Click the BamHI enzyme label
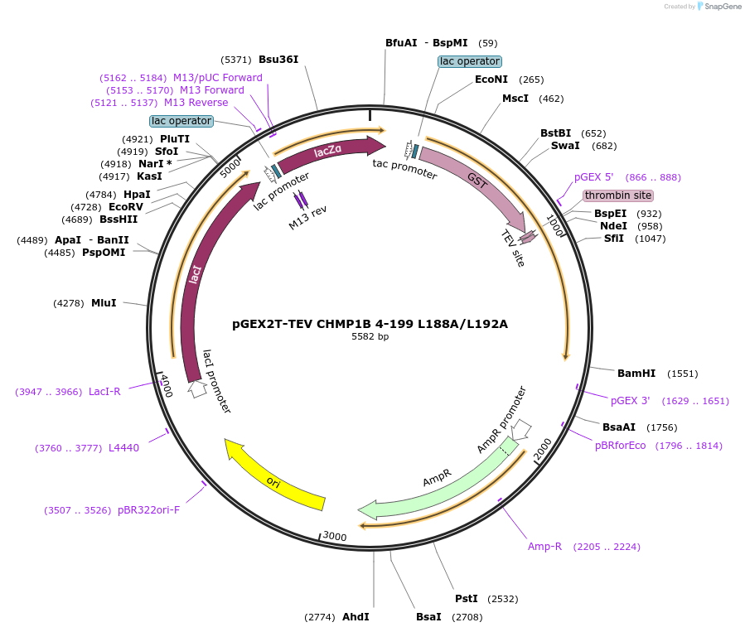point(636,373)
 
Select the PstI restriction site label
point(467,598)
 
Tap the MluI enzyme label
point(104,303)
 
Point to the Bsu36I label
point(278,60)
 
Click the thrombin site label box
point(617,195)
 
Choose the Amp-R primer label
point(544,546)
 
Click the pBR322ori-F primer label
point(148,510)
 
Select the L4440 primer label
point(123,448)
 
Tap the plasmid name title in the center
point(370,323)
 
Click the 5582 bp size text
point(370,336)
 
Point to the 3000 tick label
point(334,537)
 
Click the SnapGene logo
point(718,7)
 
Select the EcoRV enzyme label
point(126,206)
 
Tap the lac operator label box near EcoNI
point(469,61)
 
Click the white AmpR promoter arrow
point(521,429)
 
